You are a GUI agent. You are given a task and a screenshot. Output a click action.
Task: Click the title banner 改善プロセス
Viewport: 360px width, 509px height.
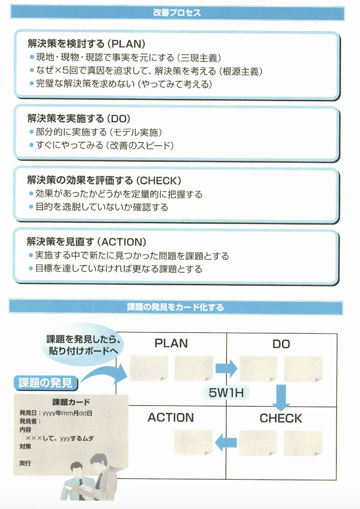click(177, 13)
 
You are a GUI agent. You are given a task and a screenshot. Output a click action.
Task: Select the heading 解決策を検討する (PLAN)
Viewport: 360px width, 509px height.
click(86, 44)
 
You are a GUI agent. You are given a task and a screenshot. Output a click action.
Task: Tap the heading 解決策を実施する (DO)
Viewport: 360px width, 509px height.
click(79, 119)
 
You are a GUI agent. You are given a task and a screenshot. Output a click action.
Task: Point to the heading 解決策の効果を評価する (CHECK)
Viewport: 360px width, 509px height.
click(104, 180)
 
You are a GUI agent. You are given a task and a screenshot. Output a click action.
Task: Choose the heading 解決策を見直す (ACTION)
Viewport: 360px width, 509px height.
click(86, 242)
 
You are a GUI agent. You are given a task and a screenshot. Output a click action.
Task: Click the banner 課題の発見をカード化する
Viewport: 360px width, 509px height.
click(175, 307)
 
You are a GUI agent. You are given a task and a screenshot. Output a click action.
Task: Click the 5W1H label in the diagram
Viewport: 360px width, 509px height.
click(226, 393)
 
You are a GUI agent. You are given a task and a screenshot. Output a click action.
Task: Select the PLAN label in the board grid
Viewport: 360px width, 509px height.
click(171, 343)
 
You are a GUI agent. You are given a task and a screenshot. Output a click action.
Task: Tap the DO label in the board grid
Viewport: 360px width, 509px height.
click(281, 344)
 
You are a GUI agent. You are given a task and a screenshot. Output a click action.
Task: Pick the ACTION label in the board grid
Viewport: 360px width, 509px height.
click(171, 418)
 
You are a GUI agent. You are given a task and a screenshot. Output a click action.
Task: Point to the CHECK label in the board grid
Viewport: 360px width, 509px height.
click(281, 418)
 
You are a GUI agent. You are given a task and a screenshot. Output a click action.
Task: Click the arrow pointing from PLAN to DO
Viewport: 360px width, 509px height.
click(226, 368)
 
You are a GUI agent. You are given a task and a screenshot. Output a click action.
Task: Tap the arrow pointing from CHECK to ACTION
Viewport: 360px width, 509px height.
click(226, 442)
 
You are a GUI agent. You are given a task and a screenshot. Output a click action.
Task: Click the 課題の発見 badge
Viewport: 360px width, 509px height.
click(45, 383)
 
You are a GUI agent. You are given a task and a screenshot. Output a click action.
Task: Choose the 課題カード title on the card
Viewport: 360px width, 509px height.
click(71, 402)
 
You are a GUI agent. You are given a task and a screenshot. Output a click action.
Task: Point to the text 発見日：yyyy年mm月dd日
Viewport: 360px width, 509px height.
click(56, 413)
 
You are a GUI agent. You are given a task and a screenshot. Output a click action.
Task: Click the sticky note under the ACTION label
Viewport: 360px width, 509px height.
click(194, 442)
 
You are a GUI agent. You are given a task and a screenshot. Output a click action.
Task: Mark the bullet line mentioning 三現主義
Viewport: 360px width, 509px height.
click(129, 58)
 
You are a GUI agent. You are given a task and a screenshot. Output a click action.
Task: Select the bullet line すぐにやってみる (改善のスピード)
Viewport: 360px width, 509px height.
click(104, 145)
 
